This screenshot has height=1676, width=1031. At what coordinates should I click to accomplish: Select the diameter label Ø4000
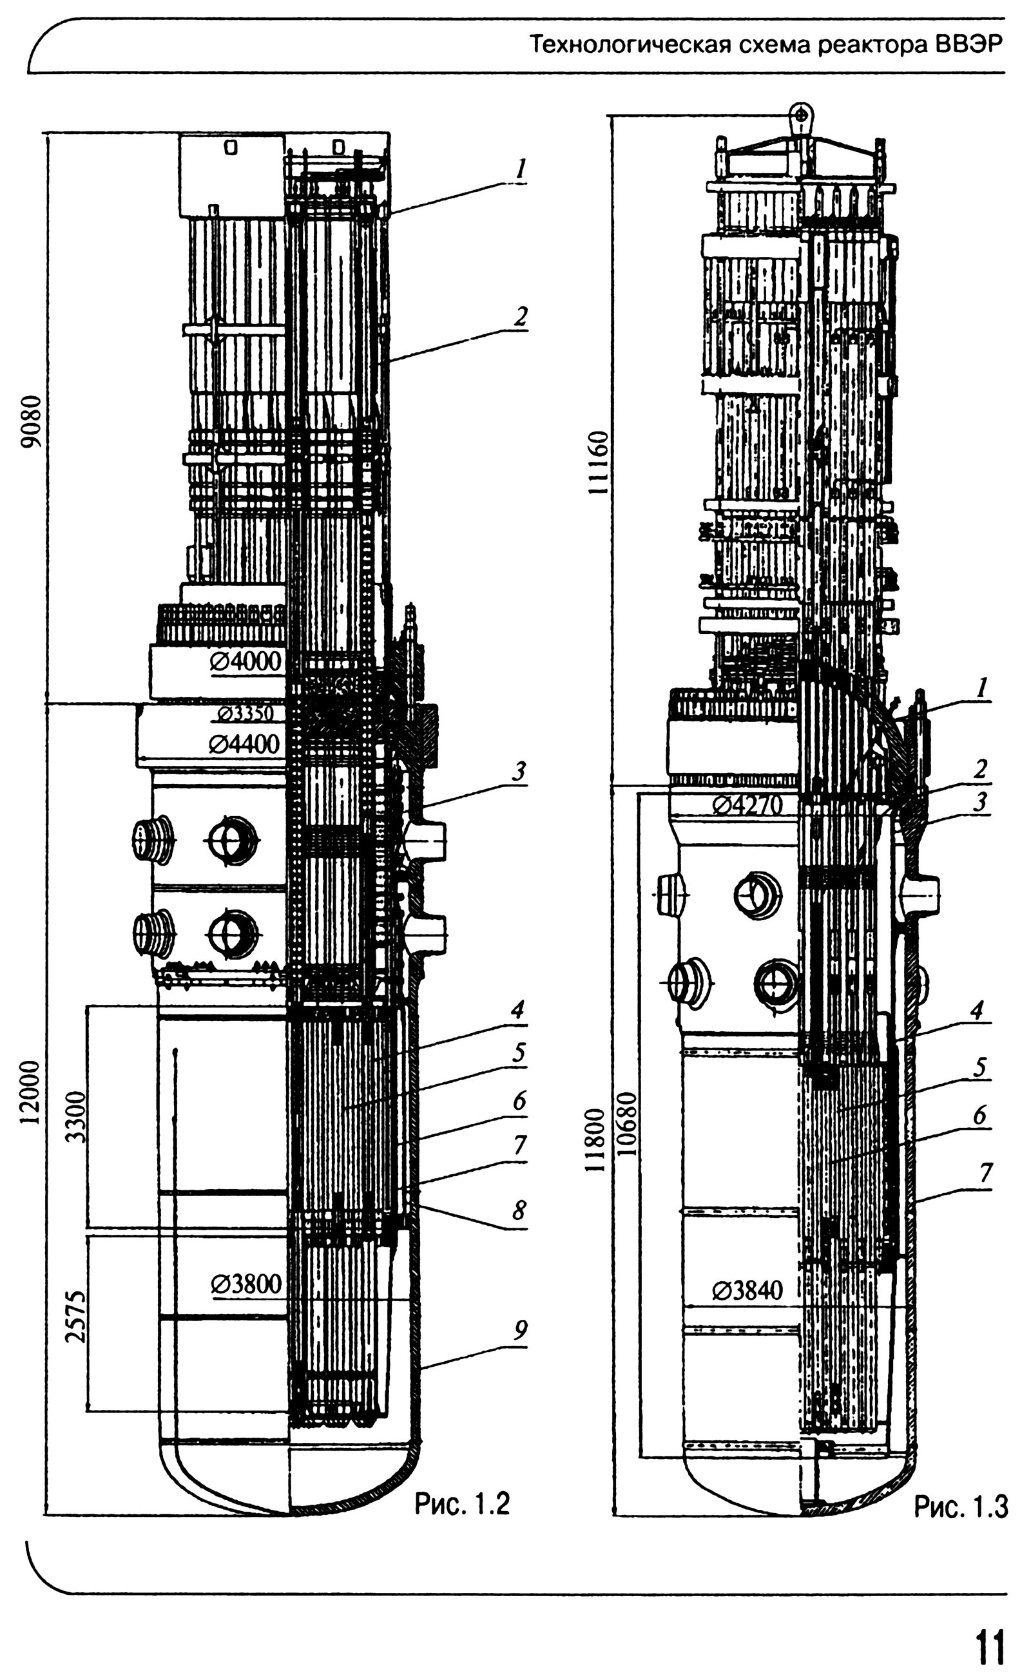pyautogui.click(x=246, y=661)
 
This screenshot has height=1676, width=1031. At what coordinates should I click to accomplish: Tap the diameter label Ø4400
pyautogui.click(x=244, y=743)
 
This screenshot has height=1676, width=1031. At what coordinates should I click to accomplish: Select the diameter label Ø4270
pyautogui.click(x=747, y=806)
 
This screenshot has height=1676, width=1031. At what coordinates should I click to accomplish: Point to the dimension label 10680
pyautogui.click(x=628, y=1124)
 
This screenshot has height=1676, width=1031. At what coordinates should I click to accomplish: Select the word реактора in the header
pyautogui.click(x=868, y=46)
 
